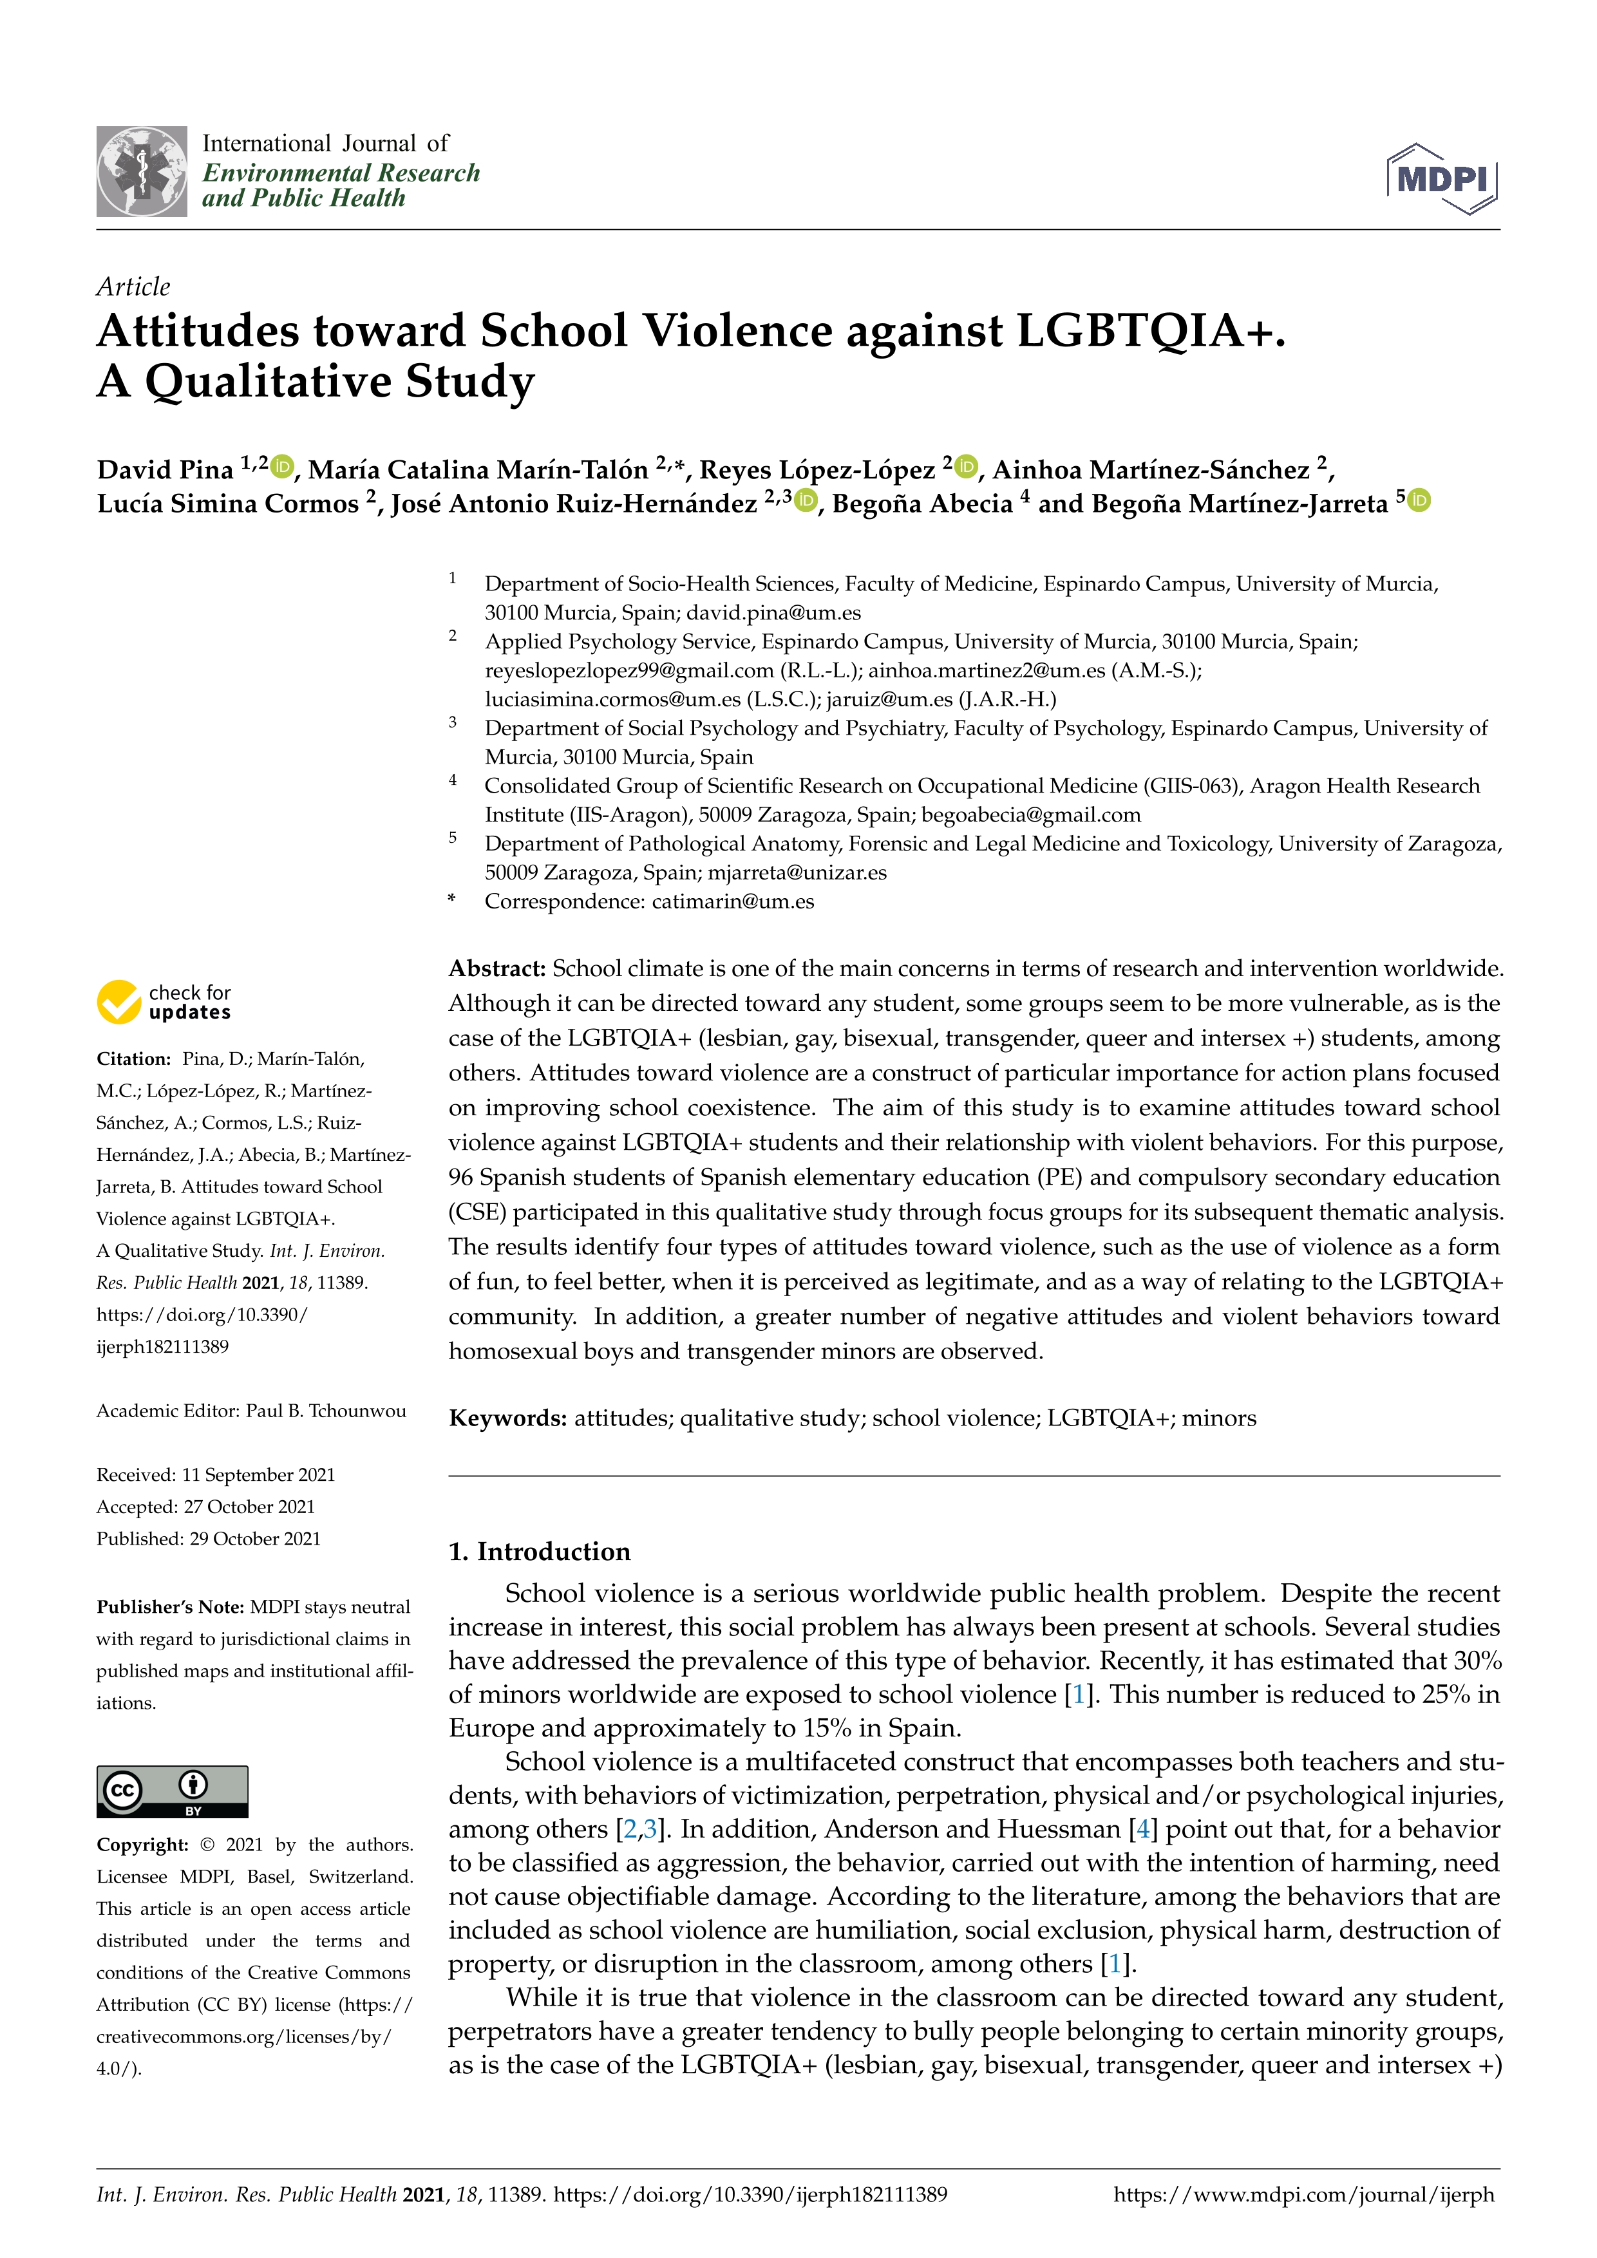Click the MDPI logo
(1442, 179)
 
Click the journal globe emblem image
(142, 171)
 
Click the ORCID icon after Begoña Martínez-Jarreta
(1419, 500)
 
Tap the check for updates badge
(164, 1001)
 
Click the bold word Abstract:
(496, 969)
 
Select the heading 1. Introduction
(539, 1551)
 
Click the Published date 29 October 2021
(255, 1538)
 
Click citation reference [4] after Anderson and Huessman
(1142, 1829)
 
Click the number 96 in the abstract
(461, 1177)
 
